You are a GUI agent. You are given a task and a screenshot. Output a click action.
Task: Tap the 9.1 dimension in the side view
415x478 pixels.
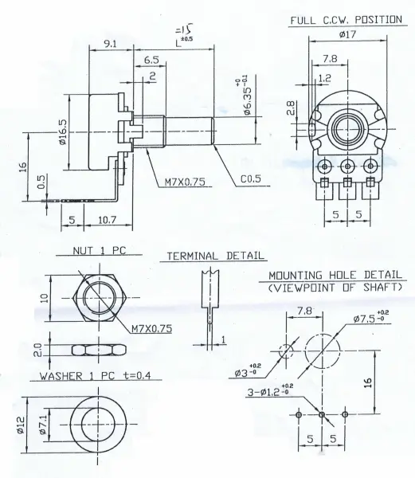pos(110,45)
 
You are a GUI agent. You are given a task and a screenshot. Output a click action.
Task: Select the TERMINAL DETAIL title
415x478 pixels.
pos(214,257)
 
